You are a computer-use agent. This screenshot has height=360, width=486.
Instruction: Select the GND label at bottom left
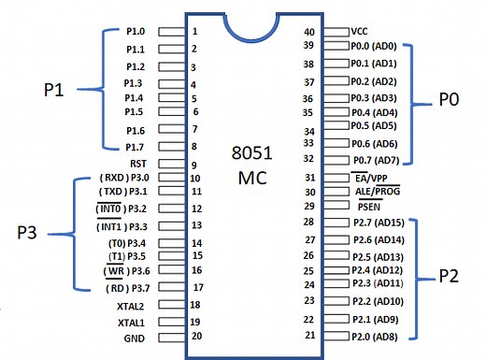point(136,338)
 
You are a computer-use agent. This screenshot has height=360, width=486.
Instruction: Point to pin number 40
point(310,32)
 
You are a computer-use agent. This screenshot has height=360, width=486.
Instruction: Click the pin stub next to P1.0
point(171,31)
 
